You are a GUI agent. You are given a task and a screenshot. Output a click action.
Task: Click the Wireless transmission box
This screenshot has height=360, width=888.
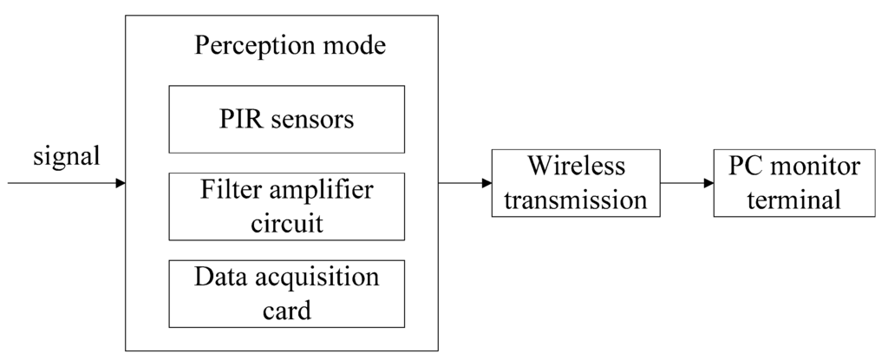pyautogui.click(x=575, y=183)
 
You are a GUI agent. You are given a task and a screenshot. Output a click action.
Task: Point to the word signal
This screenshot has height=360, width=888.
pyautogui.click(x=67, y=157)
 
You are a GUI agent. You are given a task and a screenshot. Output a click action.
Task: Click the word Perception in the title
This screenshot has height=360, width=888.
pyautogui.click(x=248, y=45)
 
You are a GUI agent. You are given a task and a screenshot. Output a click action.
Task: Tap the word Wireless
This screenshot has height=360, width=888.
pyautogui.click(x=575, y=166)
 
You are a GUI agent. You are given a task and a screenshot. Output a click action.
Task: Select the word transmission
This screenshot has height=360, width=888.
pyautogui.click(x=575, y=200)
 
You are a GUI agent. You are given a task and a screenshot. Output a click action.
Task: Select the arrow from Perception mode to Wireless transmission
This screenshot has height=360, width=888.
pyautogui.click(x=465, y=183)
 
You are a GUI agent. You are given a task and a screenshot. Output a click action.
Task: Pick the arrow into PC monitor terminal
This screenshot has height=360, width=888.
pyautogui.click(x=686, y=183)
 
